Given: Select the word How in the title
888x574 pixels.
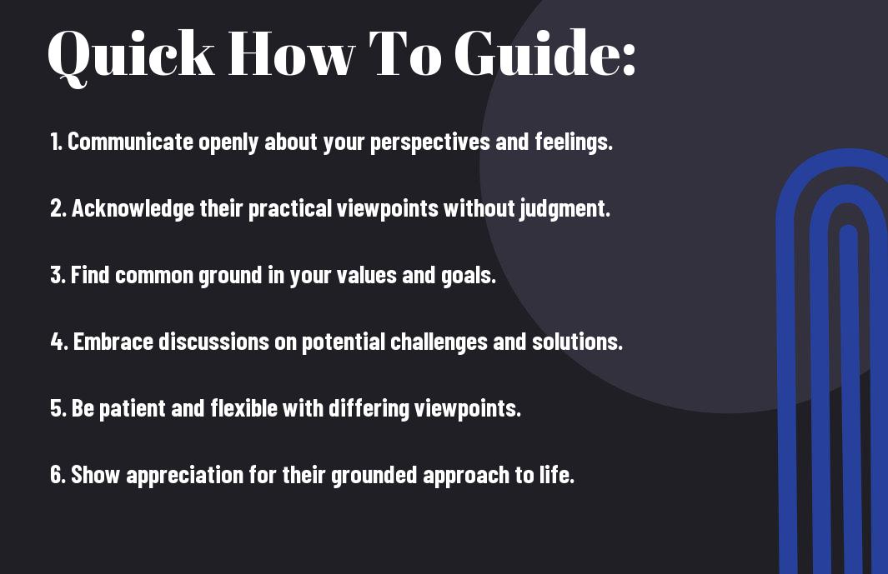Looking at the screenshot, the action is tap(291, 53).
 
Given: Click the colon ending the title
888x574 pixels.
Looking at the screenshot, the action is tap(629, 59).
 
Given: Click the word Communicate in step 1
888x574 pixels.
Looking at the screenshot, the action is tap(130, 142).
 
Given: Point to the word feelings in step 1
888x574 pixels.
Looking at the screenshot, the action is tap(574, 142).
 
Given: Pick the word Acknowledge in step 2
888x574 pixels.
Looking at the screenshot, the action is tap(133, 209).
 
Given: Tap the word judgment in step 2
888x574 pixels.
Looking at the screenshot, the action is tap(564, 209).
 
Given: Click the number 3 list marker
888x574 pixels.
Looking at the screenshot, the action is tap(58, 275).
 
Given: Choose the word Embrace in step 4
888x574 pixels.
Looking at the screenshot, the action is tap(113, 342).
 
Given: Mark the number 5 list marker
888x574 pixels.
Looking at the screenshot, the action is tap(58, 408).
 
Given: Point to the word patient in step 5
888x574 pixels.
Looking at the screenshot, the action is tap(132, 409).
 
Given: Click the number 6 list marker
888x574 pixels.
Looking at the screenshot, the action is tap(58, 475).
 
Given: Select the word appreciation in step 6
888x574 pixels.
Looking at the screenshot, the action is tap(184, 476).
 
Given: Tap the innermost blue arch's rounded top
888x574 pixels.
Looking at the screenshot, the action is tap(848, 230).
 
